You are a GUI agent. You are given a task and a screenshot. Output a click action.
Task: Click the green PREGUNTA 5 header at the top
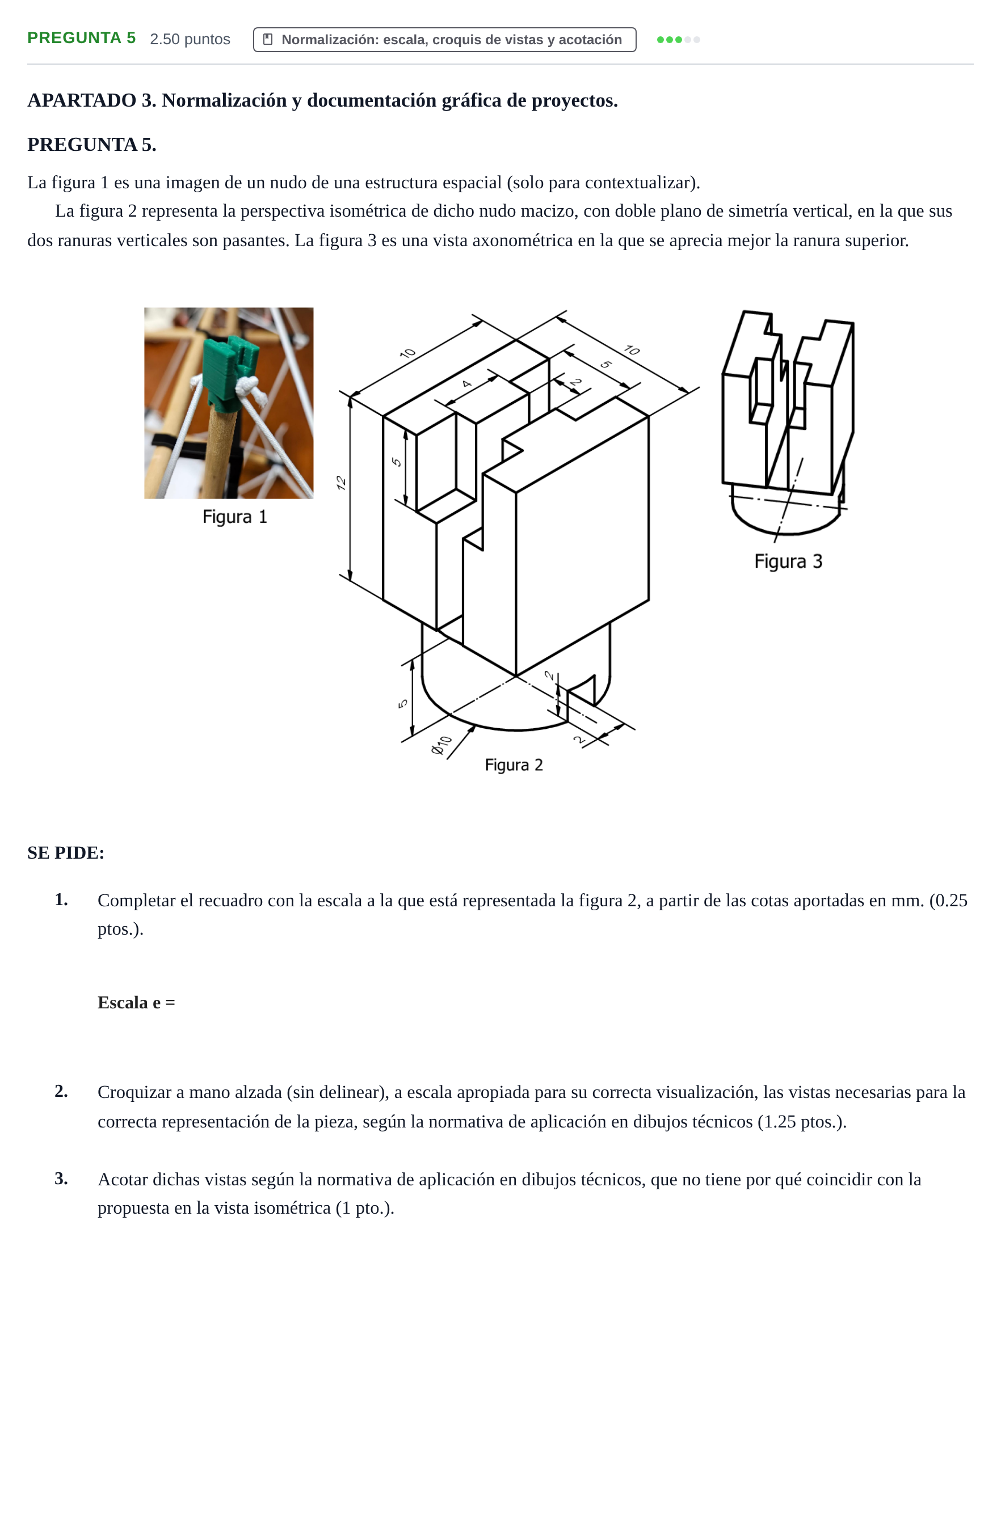[x=82, y=38]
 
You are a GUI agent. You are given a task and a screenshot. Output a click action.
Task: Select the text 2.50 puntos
[x=190, y=39]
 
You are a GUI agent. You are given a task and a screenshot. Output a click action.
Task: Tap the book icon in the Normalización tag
[x=268, y=39]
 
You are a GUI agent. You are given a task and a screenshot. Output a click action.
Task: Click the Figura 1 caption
[x=235, y=517]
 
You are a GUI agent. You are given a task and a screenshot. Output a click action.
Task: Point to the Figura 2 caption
[x=514, y=764]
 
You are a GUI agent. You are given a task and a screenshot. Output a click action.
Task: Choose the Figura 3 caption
[x=788, y=561]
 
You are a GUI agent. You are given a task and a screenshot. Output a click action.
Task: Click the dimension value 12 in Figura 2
[x=342, y=483]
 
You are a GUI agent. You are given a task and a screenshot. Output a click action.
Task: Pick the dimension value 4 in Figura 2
[x=467, y=384]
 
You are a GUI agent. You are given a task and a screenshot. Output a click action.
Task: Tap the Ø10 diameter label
[x=441, y=745]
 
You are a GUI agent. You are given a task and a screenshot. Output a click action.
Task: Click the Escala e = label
[x=136, y=1002]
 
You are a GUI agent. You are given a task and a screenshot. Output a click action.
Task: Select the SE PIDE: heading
[x=66, y=852]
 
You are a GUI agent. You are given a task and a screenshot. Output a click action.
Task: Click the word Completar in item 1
[x=136, y=900]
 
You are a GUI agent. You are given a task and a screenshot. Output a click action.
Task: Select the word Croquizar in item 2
[x=134, y=1092]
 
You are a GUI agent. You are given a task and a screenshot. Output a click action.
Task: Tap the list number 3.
[x=61, y=1179]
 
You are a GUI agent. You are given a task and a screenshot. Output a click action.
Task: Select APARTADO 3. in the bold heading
[x=91, y=100]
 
